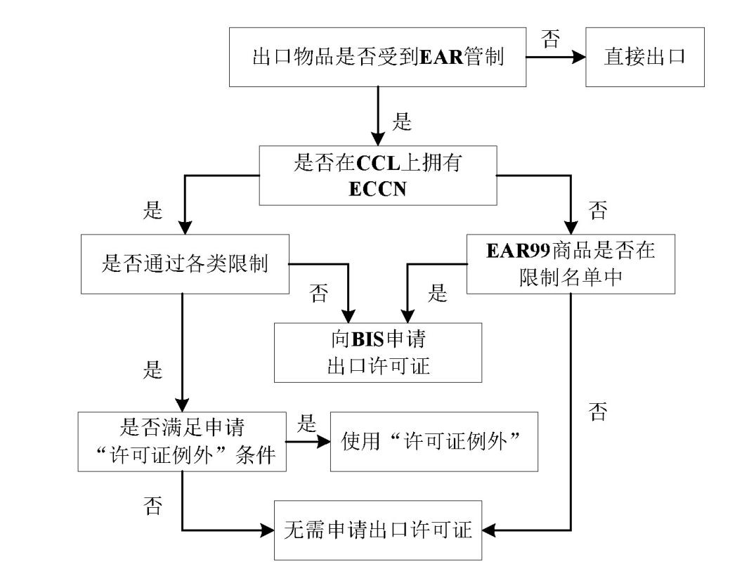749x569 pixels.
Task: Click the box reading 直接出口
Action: (644, 57)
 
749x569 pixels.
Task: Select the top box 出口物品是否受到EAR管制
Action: (377, 57)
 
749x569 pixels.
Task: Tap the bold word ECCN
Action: (377, 189)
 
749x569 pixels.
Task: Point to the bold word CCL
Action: (378, 164)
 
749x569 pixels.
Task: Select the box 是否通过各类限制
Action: (185, 265)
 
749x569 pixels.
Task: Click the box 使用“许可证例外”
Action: (434, 442)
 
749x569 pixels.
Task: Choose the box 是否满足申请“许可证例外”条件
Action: (182, 442)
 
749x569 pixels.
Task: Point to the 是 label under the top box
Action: (401, 122)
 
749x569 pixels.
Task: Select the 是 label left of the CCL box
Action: (152, 209)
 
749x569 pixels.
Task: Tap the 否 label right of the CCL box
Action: (597, 209)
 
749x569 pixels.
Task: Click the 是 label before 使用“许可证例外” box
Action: (307, 424)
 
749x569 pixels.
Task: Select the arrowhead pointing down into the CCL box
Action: (378, 138)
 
